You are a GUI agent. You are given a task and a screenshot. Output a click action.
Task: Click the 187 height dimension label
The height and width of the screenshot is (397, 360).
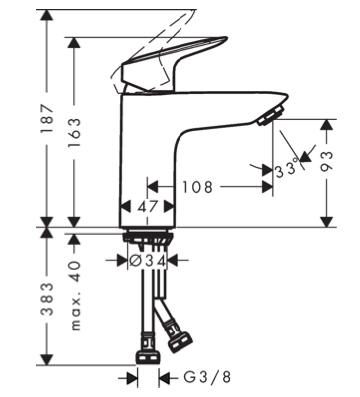coord(47,118)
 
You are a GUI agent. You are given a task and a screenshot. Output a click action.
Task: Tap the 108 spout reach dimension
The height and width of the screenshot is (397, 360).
coord(198,187)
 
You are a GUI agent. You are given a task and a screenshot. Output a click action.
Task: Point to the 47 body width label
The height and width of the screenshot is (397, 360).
coord(147,207)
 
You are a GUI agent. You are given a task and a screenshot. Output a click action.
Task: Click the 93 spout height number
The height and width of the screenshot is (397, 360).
coord(326,162)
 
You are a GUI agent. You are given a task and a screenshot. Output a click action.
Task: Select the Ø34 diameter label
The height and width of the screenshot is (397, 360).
coord(147,261)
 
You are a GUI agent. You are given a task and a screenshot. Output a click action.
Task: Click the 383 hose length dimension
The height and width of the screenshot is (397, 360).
coord(47,299)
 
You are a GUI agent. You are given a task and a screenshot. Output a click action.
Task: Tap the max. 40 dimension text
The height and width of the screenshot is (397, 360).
coord(75,296)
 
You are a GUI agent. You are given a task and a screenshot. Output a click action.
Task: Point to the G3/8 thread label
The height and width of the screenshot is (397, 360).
coord(207,377)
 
